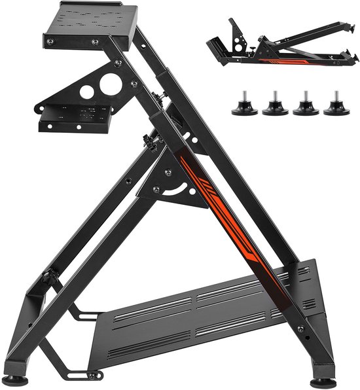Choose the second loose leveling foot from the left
(275, 107)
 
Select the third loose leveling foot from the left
(306, 107)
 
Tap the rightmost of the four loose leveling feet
(336, 107)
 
